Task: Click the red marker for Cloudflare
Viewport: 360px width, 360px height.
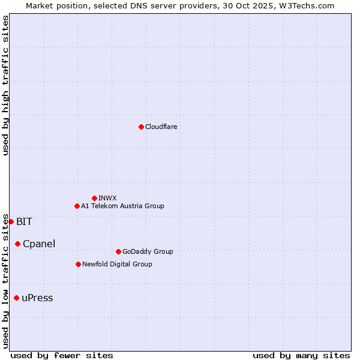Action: [141, 127]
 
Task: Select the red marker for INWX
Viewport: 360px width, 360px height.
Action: [94, 198]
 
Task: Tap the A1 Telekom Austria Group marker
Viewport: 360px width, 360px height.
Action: [77, 206]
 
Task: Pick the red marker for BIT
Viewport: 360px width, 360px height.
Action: [11, 221]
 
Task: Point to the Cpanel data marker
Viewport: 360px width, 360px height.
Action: [17, 244]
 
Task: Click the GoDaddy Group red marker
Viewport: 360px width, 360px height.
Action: [118, 251]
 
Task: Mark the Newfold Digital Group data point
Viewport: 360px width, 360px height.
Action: [78, 264]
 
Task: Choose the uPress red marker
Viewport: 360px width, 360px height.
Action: [16, 298]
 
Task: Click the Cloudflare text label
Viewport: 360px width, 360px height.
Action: [161, 127]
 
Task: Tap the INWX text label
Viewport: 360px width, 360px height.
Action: [107, 198]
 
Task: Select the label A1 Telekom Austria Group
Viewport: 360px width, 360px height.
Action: [122, 206]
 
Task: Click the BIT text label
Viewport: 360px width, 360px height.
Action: [24, 221]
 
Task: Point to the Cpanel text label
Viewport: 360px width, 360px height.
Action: [39, 244]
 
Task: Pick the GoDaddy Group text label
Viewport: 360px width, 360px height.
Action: [148, 251]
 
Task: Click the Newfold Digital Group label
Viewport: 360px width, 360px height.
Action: [117, 264]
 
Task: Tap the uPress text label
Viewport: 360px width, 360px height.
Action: [37, 298]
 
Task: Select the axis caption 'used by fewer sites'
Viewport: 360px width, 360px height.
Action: [62, 355]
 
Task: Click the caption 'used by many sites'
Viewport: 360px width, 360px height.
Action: [301, 355]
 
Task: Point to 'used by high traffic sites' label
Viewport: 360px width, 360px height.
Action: [5, 85]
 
